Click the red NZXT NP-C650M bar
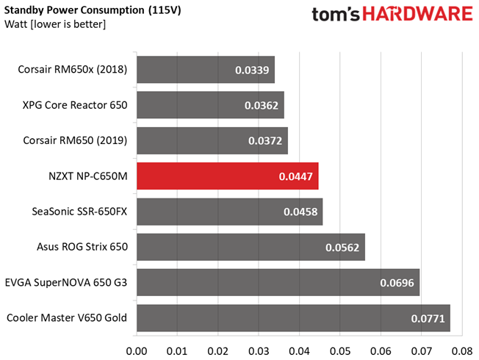(228, 176)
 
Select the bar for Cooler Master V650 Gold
(293, 318)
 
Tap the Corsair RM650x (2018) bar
(206, 69)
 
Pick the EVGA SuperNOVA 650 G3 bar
(278, 282)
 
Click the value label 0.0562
(342, 248)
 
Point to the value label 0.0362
(262, 106)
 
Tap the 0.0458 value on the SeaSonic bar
(300, 212)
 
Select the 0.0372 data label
(265, 141)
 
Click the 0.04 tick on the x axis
(300, 351)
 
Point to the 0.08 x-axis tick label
(462, 351)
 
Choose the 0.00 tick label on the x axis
(137, 351)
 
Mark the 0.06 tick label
(381, 351)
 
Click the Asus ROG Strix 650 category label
(82, 247)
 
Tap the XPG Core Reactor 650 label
(75, 105)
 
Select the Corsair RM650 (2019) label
(75, 140)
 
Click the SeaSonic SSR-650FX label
(79, 212)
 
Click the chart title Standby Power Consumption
(74, 10)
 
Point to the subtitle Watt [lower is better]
(55, 24)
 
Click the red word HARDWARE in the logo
(417, 14)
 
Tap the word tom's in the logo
(336, 15)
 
